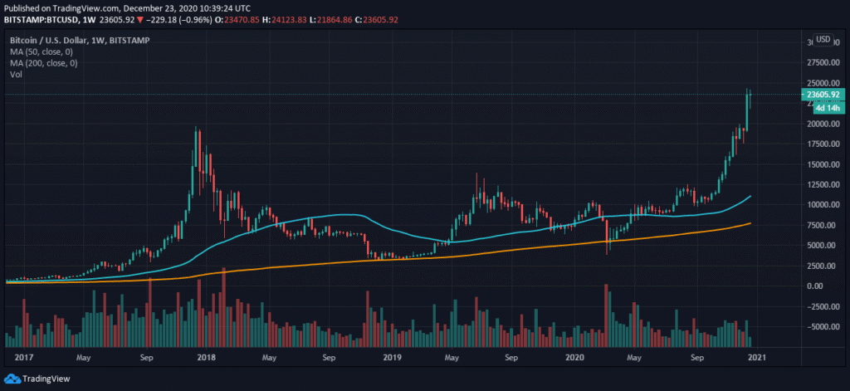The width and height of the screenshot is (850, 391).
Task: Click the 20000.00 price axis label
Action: click(x=823, y=125)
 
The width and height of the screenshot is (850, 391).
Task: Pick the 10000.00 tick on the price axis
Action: click(x=823, y=205)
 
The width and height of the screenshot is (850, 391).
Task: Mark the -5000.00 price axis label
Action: click(x=822, y=327)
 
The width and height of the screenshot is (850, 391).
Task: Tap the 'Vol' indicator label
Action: click(x=16, y=75)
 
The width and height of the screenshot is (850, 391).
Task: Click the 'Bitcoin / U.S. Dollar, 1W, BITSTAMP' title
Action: click(x=79, y=40)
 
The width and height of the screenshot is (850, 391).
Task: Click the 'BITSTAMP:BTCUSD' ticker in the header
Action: click(x=41, y=20)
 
